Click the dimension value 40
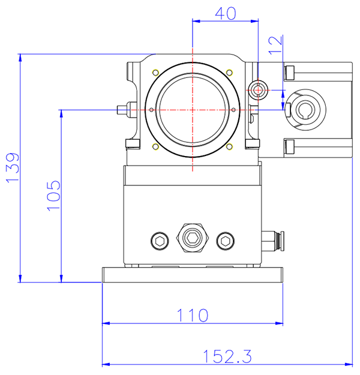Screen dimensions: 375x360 [224, 14]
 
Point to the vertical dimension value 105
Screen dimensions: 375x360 [53, 194]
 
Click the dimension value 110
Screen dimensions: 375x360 [192, 314]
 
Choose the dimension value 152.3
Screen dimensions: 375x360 [226, 356]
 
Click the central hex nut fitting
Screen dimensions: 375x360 [192, 238]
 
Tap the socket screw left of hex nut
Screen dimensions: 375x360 [159, 241]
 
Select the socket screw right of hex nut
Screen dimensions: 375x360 [226, 241]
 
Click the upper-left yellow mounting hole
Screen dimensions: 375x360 [155, 73]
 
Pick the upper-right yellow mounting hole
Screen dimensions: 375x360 [229, 73]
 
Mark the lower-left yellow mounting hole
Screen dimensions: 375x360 [155, 147]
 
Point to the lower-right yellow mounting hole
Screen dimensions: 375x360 [229, 147]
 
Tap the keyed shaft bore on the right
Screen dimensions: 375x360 [306, 108]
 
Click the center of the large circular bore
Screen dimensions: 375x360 [192, 110]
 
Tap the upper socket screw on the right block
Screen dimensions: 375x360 [290, 73]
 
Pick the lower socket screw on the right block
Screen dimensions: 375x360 [290, 146]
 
